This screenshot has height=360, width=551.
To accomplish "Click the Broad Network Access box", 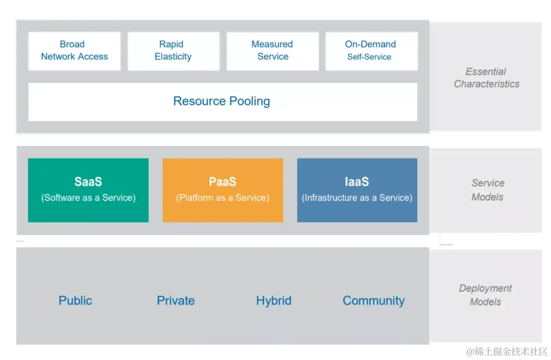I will point(74,50).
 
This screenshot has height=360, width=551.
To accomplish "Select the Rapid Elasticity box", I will point(173,50).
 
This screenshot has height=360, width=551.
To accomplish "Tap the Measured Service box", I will point(272,50).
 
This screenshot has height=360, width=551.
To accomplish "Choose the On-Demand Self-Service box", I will point(371,50).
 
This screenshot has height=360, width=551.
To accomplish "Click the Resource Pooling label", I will point(221,101).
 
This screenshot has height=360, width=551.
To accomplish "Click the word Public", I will point(76,300).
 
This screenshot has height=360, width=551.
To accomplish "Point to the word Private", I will point(176,300).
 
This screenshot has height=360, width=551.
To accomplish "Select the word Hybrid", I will point(273,300).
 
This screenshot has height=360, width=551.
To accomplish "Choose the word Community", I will point(373,300).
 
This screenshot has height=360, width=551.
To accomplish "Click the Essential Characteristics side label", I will point(487,78).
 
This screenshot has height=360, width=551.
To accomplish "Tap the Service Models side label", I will point(488,190).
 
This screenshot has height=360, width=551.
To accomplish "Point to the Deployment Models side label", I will point(485,295).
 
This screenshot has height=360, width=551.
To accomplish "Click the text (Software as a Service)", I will point(88,197).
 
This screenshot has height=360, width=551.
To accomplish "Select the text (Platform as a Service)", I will point(222,197).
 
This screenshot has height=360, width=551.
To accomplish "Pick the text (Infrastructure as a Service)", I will point(357,197).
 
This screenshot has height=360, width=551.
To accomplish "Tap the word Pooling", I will point(249,101).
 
